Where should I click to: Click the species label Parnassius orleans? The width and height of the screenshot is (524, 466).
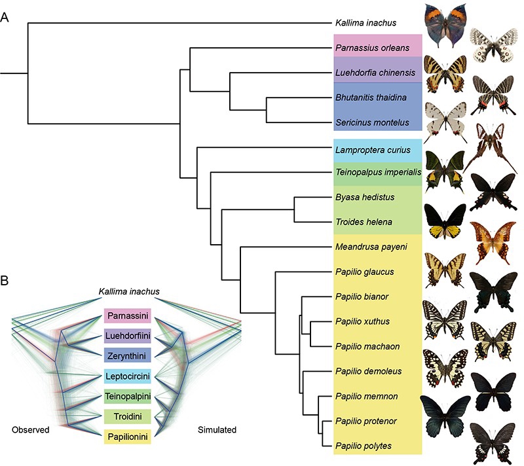tap(372, 48)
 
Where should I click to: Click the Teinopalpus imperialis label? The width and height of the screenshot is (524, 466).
tap(376, 173)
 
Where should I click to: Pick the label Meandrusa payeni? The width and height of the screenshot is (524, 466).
tap(367, 247)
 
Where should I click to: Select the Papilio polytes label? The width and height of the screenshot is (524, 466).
tap(364, 445)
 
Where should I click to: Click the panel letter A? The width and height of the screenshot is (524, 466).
tap(5, 18)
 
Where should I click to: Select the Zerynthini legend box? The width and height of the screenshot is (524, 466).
tap(128, 355)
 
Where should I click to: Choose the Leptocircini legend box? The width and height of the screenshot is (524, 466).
tap(128, 376)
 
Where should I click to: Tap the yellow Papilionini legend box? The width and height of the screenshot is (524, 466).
tap(128, 435)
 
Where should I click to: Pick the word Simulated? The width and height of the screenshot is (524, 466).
tap(217, 430)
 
